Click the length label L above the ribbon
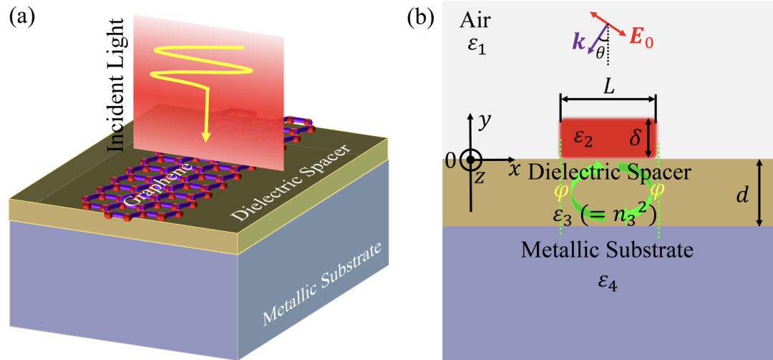pos(608,88)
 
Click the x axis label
pos(514,169)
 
